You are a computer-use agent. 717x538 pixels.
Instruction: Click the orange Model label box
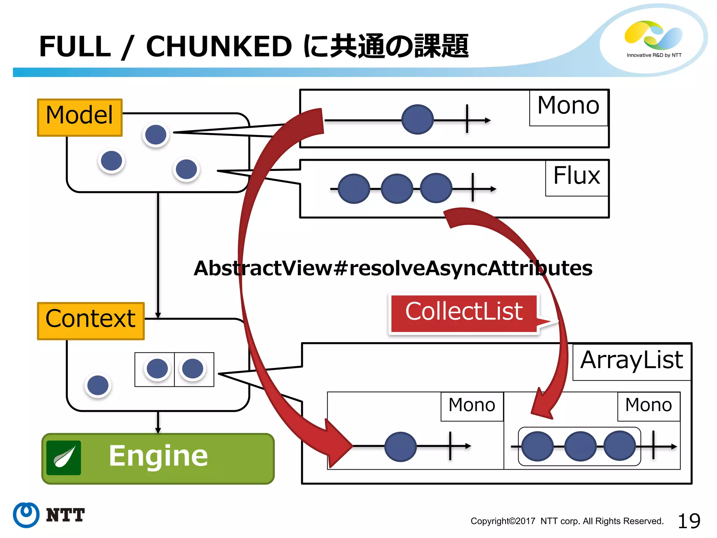[80, 117]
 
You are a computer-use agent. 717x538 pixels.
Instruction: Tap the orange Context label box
[91, 320]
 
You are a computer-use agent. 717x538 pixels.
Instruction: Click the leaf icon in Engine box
[64, 457]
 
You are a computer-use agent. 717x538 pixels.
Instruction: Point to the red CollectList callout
[464, 313]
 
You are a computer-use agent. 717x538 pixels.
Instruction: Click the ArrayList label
[632, 361]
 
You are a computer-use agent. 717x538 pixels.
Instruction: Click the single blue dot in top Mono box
[417, 119]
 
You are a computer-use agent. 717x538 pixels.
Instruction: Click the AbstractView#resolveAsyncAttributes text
[393, 268]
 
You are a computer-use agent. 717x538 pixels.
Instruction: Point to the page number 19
[689, 521]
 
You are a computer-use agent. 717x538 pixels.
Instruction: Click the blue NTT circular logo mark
[26, 515]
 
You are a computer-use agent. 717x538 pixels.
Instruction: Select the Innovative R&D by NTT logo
[654, 39]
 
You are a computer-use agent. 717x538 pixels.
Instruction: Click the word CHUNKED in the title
[219, 47]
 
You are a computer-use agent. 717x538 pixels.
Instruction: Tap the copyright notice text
[567, 521]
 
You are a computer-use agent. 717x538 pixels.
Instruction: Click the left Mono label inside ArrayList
[472, 406]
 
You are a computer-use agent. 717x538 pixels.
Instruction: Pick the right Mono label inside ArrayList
[648, 406]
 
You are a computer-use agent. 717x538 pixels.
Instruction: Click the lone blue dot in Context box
[98, 385]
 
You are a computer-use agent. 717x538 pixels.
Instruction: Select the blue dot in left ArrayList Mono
[400, 446]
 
